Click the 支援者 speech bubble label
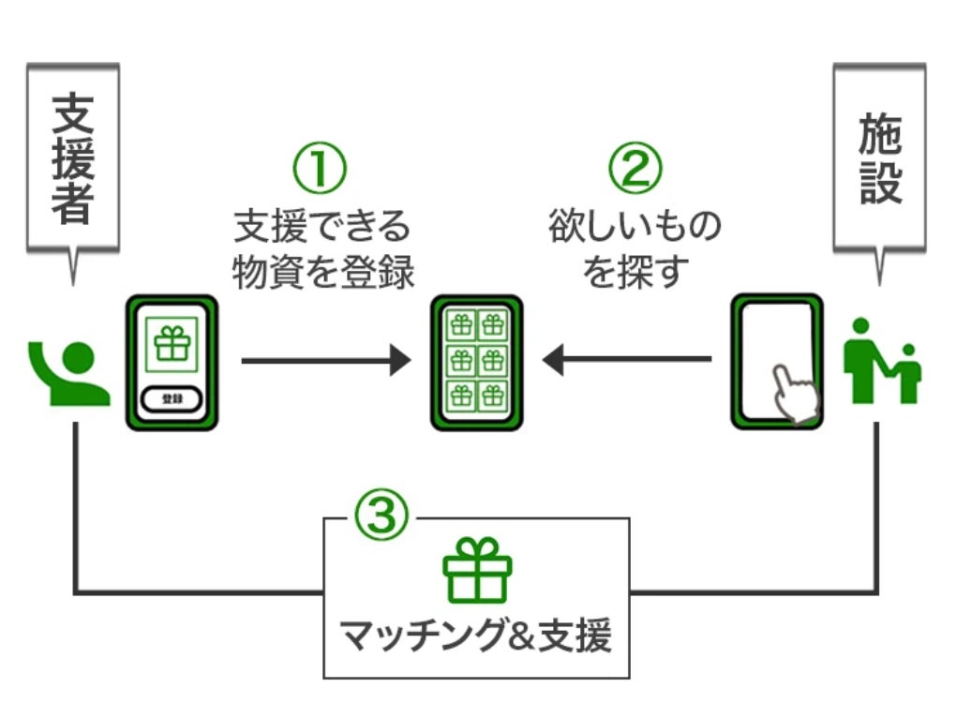click(x=72, y=157)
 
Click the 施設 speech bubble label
click(x=879, y=158)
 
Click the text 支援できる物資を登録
click(x=322, y=249)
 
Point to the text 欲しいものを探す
click(x=635, y=249)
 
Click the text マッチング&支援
click(x=475, y=637)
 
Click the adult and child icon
click(x=882, y=361)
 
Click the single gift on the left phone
click(x=172, y=345)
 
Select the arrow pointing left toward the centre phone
click(x=626, y=359)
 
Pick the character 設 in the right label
click(x=880, y=183)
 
